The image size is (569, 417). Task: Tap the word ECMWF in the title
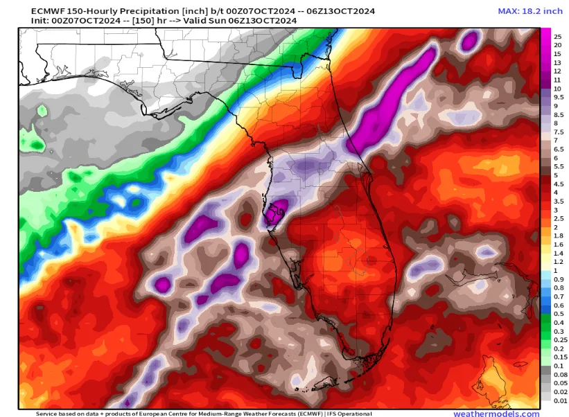[37, 10]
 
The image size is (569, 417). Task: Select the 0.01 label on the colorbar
[559, 400]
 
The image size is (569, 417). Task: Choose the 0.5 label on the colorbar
[558, 314]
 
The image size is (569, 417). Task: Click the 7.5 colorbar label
[558, 132]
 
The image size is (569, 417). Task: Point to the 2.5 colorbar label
[558, 219]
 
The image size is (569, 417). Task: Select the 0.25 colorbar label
[559, 340]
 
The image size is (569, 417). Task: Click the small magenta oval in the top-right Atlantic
[470, 42]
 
